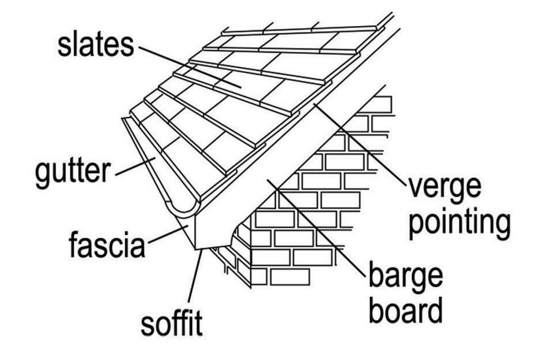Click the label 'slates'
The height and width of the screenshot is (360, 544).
[95, 44]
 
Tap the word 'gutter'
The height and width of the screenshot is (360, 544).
[73, 173]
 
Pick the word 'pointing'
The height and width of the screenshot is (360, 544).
[460, 222]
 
